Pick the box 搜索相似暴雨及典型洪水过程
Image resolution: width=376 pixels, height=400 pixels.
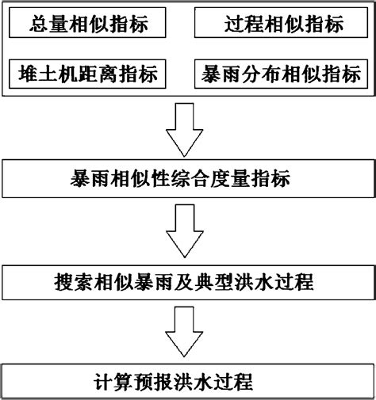point(188,280)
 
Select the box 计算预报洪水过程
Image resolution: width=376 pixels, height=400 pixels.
point(188,381)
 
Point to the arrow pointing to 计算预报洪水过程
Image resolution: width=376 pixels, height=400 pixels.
point(188,332)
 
